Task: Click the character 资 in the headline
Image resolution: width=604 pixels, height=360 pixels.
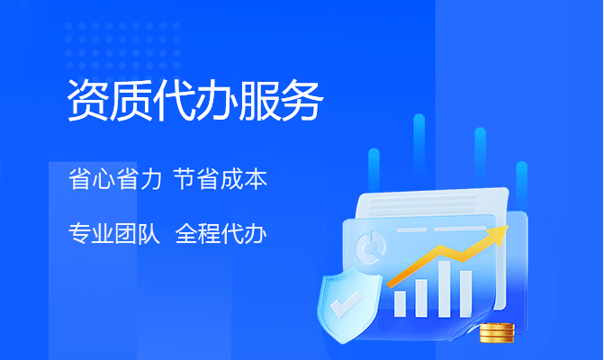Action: (87, 101)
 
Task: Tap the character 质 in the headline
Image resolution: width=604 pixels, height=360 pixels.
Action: (131, 101)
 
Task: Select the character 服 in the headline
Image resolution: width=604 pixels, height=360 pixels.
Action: (259, 101)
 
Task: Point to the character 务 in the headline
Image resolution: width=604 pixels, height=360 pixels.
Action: (302, 101)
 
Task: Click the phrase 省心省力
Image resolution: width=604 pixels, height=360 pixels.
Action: (115, 179)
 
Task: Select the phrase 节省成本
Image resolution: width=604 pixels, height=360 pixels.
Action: (221, 179)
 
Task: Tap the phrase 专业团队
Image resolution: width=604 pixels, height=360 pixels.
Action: (114, 233)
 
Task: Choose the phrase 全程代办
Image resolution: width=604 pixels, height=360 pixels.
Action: (221, 233)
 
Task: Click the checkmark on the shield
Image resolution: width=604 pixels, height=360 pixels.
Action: (347, 304)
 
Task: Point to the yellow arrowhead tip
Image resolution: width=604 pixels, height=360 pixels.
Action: (508, 227)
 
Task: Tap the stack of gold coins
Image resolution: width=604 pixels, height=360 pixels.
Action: (497, 333)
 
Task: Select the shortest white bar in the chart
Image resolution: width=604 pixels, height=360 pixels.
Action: (400, 304)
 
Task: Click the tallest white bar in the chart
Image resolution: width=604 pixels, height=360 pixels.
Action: (444, 289)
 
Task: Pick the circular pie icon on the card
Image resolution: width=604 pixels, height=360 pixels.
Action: (370, 247)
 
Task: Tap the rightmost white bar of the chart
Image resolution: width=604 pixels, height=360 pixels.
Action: (465, 293)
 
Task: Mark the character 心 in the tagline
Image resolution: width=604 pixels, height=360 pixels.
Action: (104, 179)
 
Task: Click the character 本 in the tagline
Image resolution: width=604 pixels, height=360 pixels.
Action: (256, 179)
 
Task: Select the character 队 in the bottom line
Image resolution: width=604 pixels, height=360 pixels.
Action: (149, 233)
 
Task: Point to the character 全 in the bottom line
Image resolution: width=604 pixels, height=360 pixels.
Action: (186, 233)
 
